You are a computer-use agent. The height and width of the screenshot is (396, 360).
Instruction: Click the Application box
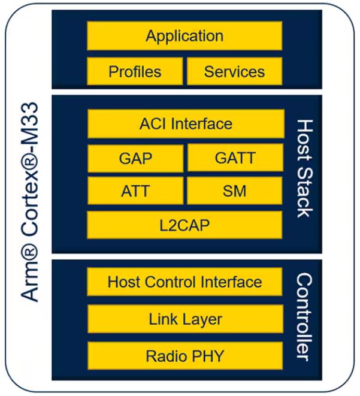coord(184,36)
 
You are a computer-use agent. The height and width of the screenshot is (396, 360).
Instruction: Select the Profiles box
coord(135,72)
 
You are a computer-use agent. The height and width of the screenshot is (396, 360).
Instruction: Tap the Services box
coord(234,72)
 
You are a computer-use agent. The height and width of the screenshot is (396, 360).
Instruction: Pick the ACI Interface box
coord(185,124)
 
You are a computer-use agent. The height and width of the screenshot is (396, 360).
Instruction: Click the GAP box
coord(135,158)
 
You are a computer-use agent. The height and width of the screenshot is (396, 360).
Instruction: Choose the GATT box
coord(235,158)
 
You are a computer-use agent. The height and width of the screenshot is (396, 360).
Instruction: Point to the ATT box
coord(135,192)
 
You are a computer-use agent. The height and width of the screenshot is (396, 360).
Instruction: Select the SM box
coord(235,192)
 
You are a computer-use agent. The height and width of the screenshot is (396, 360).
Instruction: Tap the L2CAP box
coord(185,225)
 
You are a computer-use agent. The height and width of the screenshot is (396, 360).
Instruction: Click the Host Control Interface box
coord(185,282)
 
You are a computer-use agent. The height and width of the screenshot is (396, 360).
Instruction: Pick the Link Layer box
coord(185,319)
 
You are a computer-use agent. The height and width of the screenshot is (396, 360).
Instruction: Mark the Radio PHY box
coord(185,356)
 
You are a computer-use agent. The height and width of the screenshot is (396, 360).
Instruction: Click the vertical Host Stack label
coord(305,168)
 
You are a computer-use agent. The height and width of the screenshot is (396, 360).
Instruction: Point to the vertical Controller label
coord(304,318)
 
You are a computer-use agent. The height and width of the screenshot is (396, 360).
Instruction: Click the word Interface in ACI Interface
coord(202,124)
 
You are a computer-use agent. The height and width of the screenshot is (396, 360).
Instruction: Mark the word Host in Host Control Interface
coord(123,282)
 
